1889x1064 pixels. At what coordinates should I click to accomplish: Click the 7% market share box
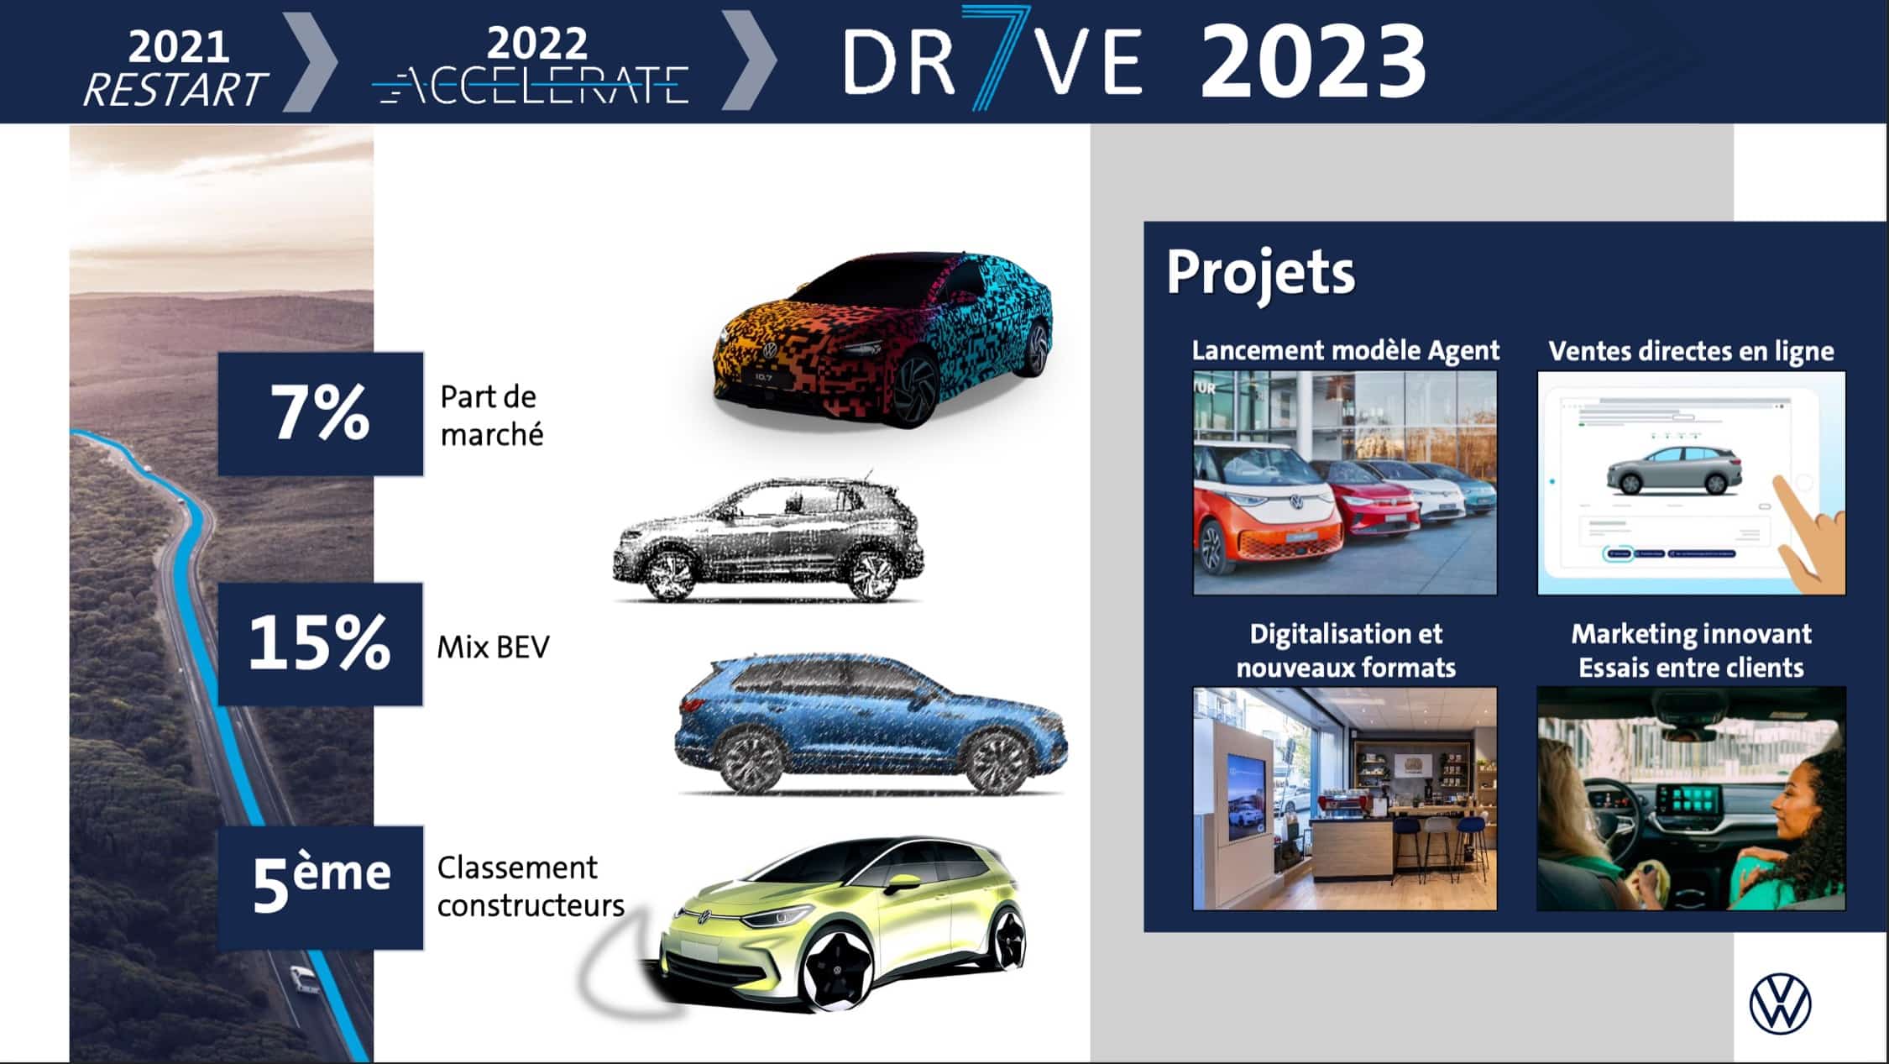(321, 414)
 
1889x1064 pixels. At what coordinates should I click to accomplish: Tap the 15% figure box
(320, 644)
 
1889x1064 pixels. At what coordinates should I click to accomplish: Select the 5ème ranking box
(321, 888)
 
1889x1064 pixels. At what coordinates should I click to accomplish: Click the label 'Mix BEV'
(494, 647)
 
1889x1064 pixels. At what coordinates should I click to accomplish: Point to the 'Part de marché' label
(492, 416)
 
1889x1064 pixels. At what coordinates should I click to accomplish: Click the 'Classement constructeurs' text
(531, 886)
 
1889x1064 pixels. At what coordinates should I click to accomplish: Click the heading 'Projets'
(1260, 273)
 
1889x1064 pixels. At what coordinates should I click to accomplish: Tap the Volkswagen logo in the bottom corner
(1780, 1004)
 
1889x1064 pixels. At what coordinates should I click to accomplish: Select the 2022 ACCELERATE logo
(531, 66)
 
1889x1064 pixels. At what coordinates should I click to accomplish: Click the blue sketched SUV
(871, 723)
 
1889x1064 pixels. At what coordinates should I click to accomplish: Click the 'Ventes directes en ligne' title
(1691, 351)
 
